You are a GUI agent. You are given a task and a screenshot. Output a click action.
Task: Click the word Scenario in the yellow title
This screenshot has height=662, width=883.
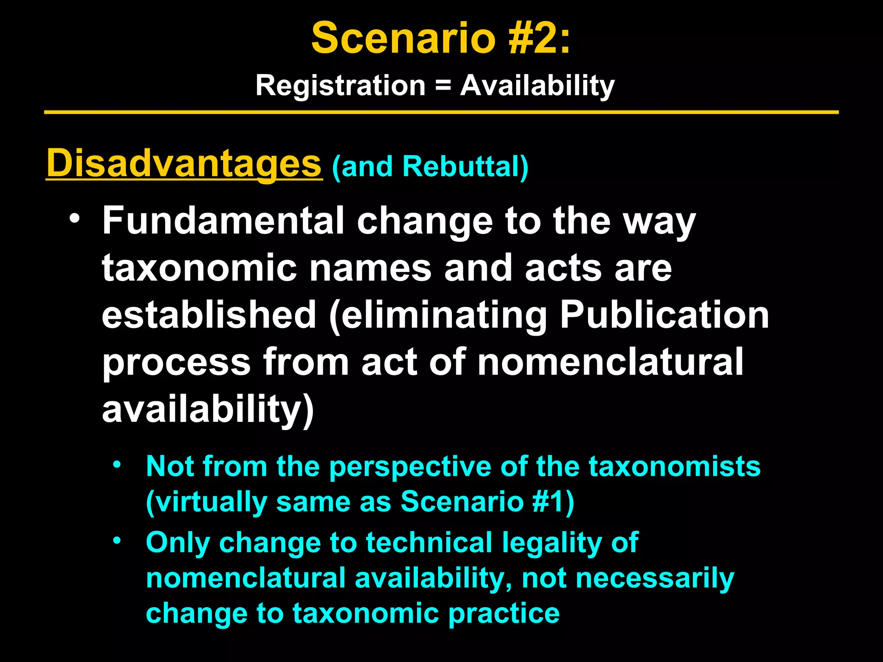click(x=403, y=39)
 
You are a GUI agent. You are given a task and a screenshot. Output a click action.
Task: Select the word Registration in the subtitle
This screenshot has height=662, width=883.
click(x=341, y=86)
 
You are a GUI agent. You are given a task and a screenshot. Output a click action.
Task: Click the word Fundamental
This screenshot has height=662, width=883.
click(x=222, y=221)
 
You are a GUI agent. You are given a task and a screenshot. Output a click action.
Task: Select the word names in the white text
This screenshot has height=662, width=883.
click(x=370, y=268)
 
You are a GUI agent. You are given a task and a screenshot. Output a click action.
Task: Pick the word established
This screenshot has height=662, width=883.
click(x=209, y=315)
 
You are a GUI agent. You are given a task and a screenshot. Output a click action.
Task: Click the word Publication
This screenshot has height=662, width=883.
click(x=664, y=315)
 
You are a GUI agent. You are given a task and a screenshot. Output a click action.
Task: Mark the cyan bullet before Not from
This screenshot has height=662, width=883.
click(x=116, y=465)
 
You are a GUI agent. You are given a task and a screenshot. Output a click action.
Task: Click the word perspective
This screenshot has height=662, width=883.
click(x=410, y=467)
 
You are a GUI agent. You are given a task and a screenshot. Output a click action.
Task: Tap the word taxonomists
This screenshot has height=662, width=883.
click(x=674, y=466)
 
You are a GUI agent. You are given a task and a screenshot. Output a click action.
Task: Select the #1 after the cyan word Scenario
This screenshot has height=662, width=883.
click(x=548, y=502)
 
